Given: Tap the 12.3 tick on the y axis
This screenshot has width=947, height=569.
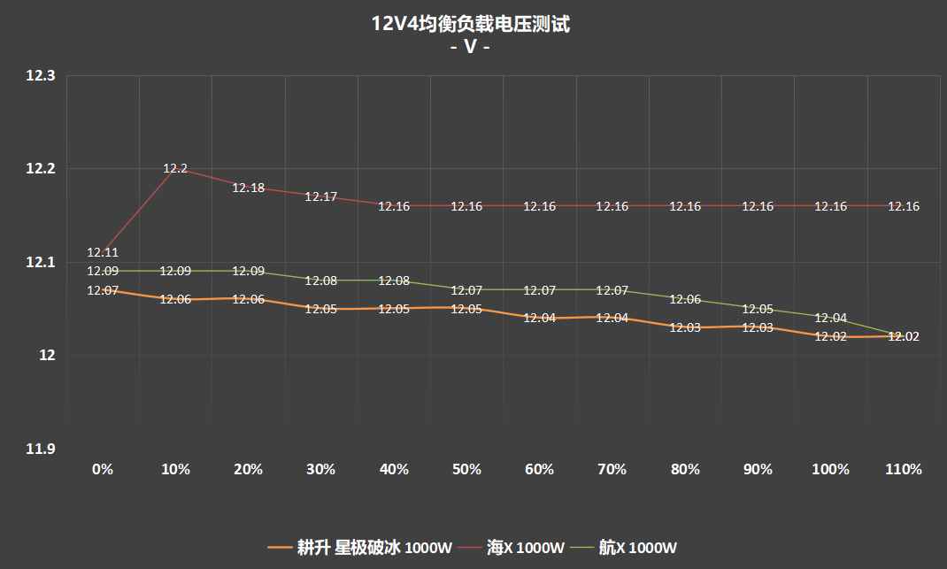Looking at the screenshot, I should click(x=41, y=76).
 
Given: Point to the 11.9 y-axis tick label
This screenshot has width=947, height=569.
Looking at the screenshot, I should click(x=41, y=450).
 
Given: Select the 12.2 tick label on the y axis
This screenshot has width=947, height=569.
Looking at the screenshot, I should click(x=41, y=169).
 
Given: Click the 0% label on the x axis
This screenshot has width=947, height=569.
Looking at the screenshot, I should click(x=103, y=469).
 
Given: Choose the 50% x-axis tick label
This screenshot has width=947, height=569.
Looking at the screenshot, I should click(x=466, y=469).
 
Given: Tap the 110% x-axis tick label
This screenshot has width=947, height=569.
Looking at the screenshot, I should click(x=904, y=469).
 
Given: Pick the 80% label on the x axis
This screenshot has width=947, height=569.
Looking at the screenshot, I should click(x=685, y=469).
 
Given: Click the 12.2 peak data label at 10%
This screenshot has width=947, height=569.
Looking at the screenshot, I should click(x=175, y=168).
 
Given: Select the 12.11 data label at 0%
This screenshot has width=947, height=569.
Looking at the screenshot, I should click(x=103, y=252).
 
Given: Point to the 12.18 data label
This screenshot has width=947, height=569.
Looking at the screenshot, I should click(x=248, y=188).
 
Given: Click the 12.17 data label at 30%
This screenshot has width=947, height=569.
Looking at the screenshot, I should click(x=320, y=196).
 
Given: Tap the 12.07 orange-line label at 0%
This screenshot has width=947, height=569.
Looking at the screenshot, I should click(x=103, y=290).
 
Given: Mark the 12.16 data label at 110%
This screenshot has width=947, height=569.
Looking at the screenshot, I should click(x=904, y=206).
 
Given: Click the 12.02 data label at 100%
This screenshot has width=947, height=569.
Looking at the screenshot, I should click(x=830, y=336).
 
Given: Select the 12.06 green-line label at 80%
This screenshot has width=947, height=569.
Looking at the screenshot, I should click(x=685, y=299).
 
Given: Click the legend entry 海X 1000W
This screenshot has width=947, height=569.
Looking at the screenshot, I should click(x=525, y=548).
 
